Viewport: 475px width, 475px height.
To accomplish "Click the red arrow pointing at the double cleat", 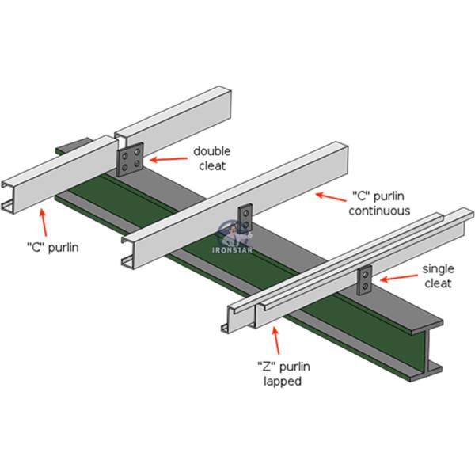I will point(169,159).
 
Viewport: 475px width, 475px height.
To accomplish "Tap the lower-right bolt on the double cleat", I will point(139,164).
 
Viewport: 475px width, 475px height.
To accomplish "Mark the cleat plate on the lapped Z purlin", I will point(366,279).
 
